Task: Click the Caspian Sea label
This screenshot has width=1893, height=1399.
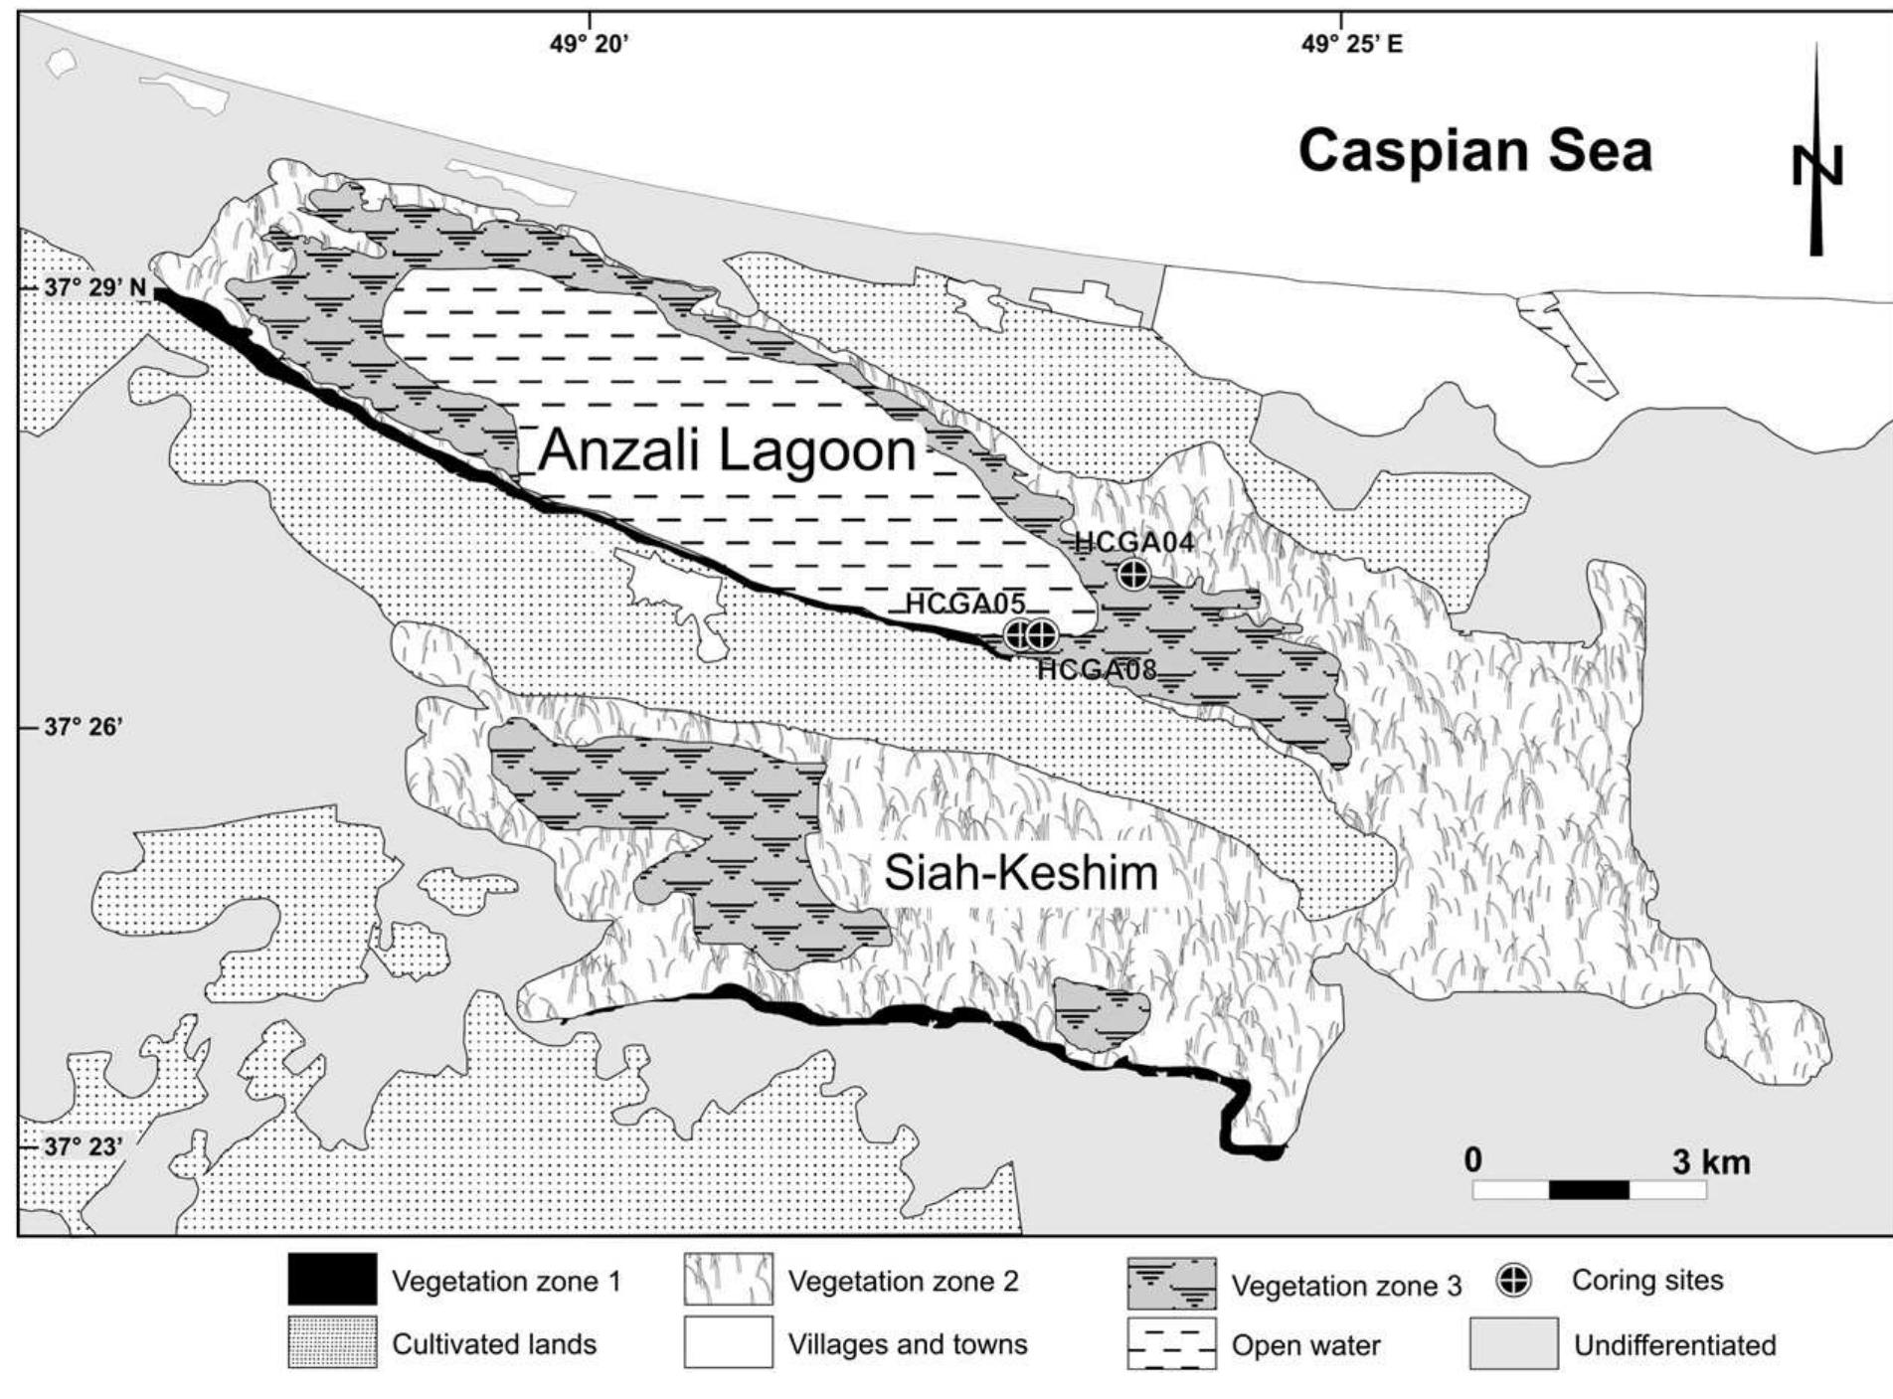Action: coord(1474,152)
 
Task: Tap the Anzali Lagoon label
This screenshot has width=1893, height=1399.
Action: coord(727,450)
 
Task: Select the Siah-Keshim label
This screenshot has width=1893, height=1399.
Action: coord(1021,874)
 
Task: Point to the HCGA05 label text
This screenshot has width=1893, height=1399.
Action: coord(964,604)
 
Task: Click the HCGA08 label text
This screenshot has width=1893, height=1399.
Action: coord(1097,669)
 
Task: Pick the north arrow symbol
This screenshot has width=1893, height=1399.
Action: coord(1816,159)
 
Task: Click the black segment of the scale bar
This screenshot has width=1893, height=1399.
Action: coord(1589,1189)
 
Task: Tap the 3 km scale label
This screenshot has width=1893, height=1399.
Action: coord(1710,1161)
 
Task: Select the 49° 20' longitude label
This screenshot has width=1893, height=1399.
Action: coord(590,44)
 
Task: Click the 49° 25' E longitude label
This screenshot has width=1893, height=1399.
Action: coord(1352,44)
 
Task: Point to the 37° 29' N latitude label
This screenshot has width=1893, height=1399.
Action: coord(95,288)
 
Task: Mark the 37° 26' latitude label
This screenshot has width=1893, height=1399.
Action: coord(84,727)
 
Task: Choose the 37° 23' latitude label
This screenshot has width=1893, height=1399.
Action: coord(84,1146)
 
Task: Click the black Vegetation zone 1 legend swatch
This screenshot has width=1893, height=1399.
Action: coord(332,1280)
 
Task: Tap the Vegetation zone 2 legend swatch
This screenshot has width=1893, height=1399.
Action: coord(728,1280)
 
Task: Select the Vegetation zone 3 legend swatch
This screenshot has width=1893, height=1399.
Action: coord(1171,1284)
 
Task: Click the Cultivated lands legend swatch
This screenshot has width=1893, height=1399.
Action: coord(332,1343)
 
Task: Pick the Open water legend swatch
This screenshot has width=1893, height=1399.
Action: coord(1171,1345)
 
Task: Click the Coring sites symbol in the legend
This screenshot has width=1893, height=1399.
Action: coord(1514,1282)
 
